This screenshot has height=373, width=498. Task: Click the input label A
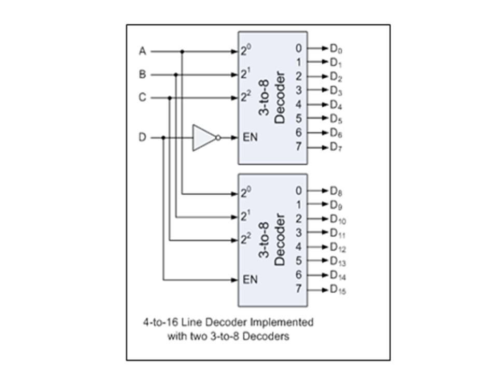click(x=142, y=51)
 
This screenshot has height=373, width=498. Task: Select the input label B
click(x=142, y=75)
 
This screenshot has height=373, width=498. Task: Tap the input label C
click(x=142, y=98)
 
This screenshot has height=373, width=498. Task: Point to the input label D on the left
click(x=142, y=138)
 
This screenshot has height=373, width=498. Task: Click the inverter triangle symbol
click(x=203, y=138)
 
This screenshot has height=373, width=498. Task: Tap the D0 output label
click(x=336, y=49)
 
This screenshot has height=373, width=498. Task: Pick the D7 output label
click(x=336, y=147)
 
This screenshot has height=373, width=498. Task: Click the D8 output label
click(x=336, y=191)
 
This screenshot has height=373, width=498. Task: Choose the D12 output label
click(x=338, y=247)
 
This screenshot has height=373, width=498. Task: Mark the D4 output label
click(x=336, y=105)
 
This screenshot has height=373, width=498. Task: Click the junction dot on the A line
click(x=182, y=51)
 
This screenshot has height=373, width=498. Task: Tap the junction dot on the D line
click(x=163, y=138)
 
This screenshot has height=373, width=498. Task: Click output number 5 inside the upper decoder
click(x=298, y=119)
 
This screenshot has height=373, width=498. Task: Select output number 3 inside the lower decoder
click(x=298, y=233)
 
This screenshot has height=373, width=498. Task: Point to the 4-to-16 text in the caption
click(x=158, y=322)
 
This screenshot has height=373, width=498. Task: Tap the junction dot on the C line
click(x=170, y=98)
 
